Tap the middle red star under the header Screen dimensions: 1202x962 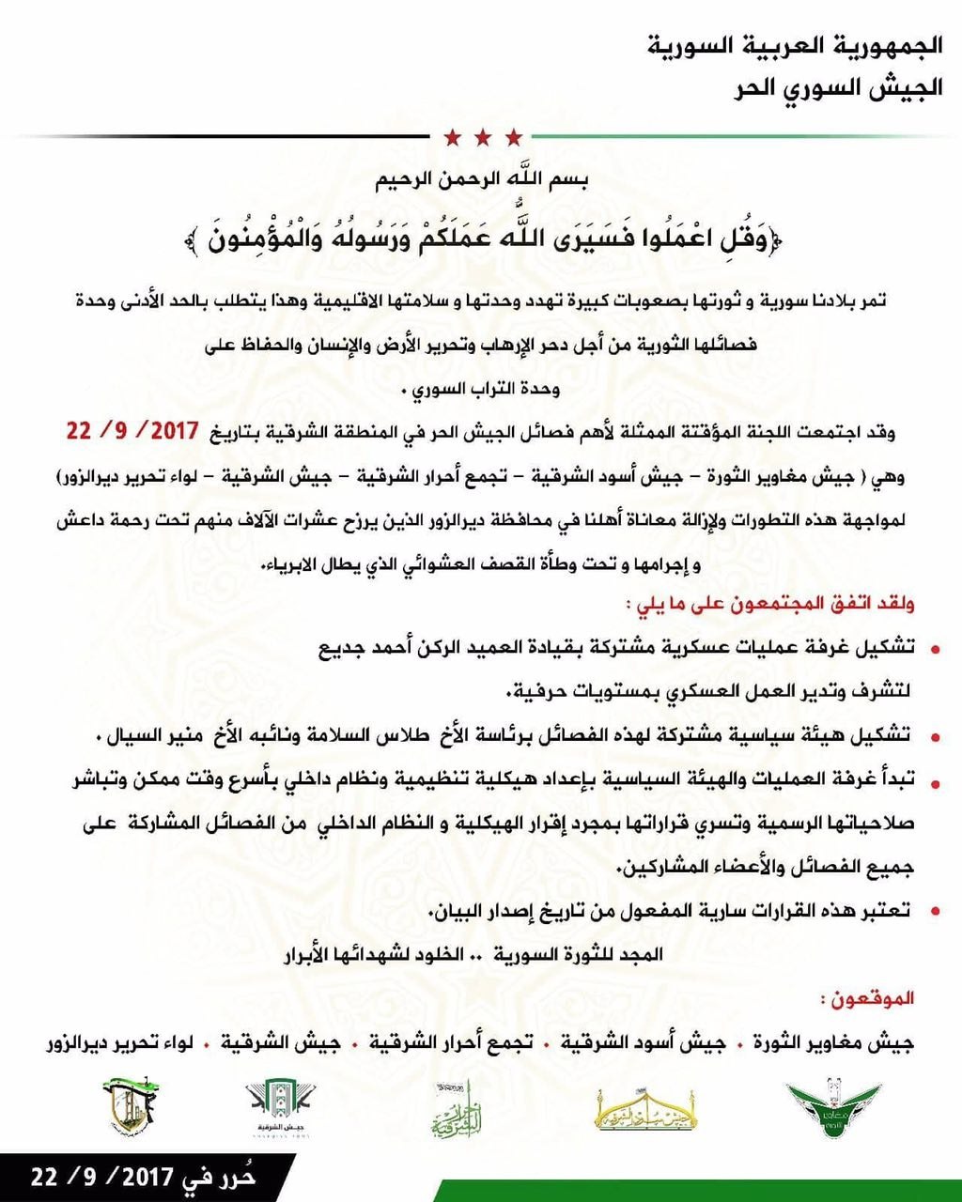click(x=482, y=139)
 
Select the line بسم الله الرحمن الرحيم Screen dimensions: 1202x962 click(x=480, y=180)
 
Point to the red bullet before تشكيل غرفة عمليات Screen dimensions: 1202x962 click(x=934, y=649)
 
